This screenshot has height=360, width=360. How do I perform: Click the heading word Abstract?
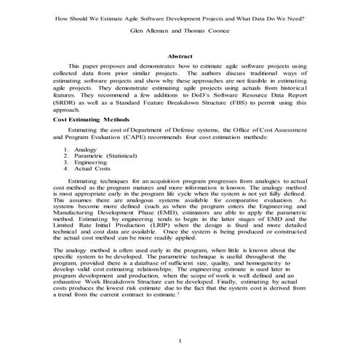click(x=180, y=55)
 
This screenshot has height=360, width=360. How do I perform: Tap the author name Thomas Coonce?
click(x=208, y=33)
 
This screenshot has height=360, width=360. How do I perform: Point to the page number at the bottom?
click(x=180, y=340)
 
